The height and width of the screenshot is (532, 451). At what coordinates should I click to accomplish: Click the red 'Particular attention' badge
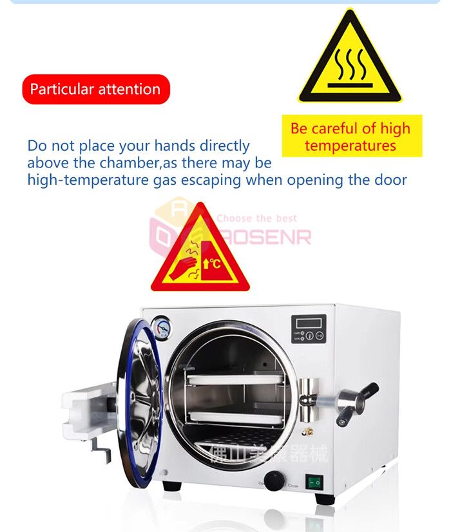pos(95,89)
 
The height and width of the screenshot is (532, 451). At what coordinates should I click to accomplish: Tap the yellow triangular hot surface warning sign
pos(350,61)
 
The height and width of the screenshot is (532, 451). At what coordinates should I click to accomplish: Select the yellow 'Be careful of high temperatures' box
pos(350,137)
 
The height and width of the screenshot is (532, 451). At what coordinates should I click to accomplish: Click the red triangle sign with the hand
pos(200,252)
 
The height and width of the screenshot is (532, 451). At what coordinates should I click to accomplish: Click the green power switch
pos(314,480)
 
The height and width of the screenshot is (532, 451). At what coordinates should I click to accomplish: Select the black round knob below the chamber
pos(274,479)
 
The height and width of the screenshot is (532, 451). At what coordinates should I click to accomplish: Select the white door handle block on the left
pos(86,408)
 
